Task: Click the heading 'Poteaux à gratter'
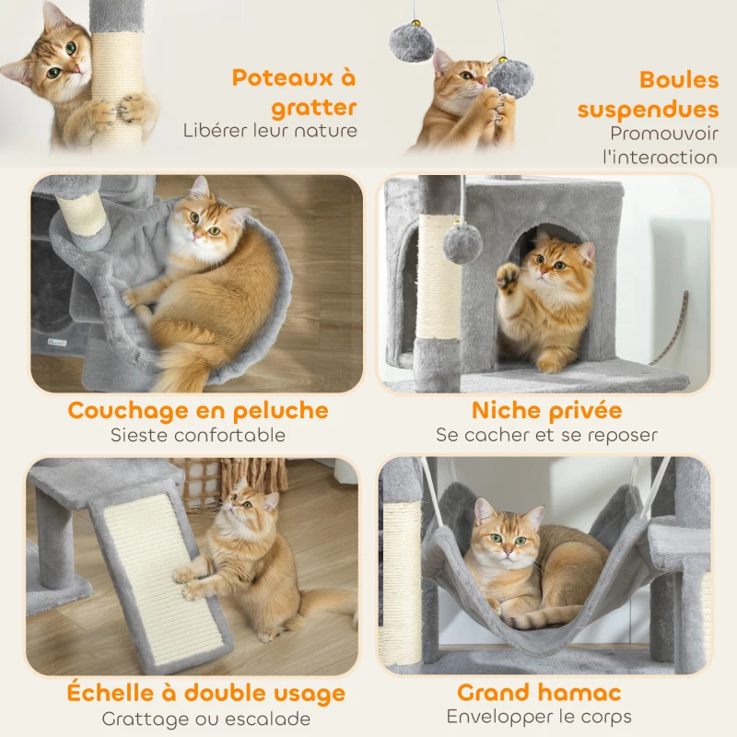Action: pyautogui.click(x=294, y=92)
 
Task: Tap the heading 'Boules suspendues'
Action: pyautogui.click(x=648, y=94)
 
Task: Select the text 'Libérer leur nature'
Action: pyautogui.click(x=270, y=131)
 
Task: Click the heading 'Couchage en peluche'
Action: pyautogui.click(x=197, y=410)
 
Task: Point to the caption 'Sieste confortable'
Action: pyautogui.click(x=197, y=435)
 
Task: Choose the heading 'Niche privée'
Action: pyautogui.click(x=546, y=410)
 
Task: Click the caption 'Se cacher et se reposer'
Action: pyautogui.click(x=546, y=435)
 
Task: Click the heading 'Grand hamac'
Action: pyautogui.click(x=539, y=692)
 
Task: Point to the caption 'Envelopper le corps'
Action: pyautogui.click(x=539, y=717)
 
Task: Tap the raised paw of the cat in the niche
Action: pyautogui.click(x=508, y=276)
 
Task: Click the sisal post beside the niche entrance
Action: pyautogui.click(x=439, y=276)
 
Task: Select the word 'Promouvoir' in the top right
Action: pyautogui.click(x=663, y=134)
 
